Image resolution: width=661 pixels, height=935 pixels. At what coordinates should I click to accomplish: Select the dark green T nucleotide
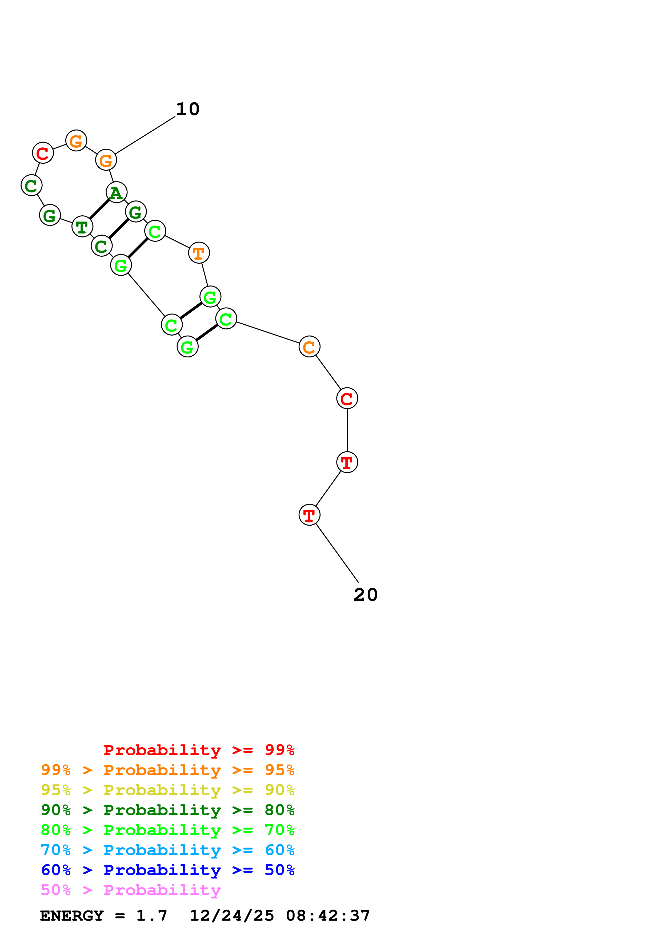pos(82,226)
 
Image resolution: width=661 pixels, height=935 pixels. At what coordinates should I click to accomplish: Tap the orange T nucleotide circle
pos(199,253)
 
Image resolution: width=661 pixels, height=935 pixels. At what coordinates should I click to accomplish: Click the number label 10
pos(188,109)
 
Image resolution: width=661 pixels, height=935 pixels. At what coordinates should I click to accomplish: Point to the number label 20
pos(365,595)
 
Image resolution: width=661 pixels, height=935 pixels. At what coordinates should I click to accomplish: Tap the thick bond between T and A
pos(99,209)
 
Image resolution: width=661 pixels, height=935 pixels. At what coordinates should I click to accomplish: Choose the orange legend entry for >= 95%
pos(168,770)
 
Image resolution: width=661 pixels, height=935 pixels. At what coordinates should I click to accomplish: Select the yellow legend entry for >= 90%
pos(168,790)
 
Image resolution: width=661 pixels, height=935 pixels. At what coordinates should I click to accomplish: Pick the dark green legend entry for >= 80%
pos(168,810)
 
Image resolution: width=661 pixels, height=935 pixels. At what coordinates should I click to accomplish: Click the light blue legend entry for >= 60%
pos(168,850)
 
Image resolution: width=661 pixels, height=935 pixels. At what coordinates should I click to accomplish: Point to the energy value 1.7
pos(151,916)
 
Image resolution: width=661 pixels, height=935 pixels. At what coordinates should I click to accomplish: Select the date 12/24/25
pos(232,916)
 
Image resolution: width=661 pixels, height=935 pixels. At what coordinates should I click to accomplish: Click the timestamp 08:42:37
pos(328,916)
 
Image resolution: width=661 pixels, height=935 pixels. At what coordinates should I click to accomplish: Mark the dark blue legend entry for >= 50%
pos(168,870)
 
